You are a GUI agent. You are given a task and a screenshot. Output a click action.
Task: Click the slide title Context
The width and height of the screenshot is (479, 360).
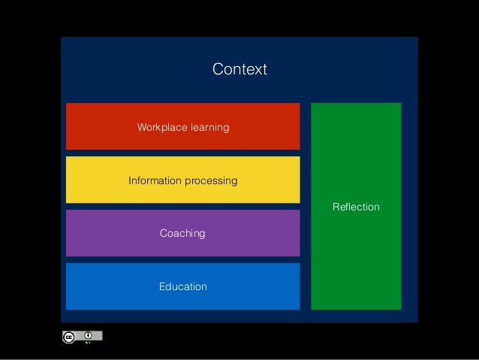[x=239, y=70]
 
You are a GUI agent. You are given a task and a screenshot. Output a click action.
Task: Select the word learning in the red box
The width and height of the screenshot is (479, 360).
[x=209, y=128]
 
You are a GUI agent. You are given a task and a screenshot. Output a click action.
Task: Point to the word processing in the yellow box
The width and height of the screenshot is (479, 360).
[x=211, y=181]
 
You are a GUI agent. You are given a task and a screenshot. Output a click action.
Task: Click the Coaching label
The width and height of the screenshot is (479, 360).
[x=182, y=234]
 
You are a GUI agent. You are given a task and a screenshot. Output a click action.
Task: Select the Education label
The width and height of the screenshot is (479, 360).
[x=182, y=287]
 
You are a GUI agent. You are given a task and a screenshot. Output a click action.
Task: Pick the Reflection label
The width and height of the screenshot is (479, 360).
[x=356, y=207]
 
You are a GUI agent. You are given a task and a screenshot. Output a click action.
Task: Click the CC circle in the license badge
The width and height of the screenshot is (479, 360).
[x=68, y=337]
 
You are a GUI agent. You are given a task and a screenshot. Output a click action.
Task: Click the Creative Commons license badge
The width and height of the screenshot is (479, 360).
[x=81, y=337]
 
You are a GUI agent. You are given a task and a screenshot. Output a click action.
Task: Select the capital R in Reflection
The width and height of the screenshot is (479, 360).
[x=336, y=207]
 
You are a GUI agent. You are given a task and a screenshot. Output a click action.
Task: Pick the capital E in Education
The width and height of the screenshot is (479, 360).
[x=162, y=287]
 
